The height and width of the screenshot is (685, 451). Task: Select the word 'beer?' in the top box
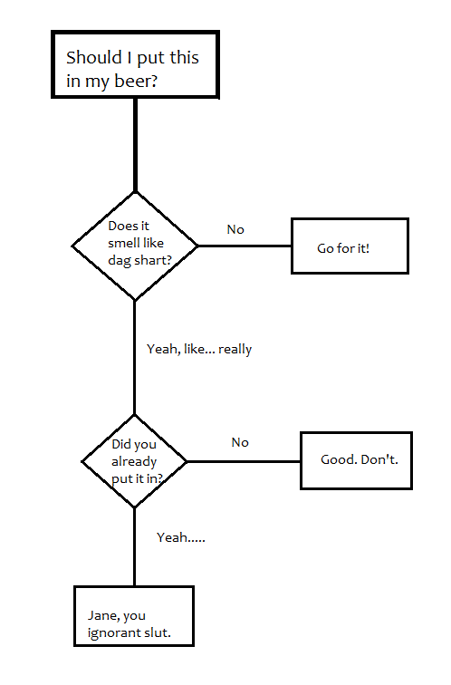click(x=136, y=81)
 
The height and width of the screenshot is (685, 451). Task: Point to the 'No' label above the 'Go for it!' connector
click(x=235, y=229)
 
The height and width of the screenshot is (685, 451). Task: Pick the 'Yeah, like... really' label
click(x=199, y=350)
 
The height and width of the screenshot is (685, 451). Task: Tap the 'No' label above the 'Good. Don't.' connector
click(x=240, y=442)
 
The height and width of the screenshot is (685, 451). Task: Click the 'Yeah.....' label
click(x=181, y=537)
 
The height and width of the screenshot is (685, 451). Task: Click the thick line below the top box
click(x=135, y=145)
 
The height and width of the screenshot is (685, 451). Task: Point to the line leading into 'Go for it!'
click(x=245, y=246)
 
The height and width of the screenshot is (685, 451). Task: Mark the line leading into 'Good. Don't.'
click(x=244, y=461)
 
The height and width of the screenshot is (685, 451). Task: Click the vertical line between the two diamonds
click(x=134, y=357)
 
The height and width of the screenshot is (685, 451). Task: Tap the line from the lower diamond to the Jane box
click(x=134, y=547)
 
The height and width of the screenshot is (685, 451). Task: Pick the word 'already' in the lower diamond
click(x=134, y=462)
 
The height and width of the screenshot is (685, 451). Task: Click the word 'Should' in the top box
click(x=94, y=58)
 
